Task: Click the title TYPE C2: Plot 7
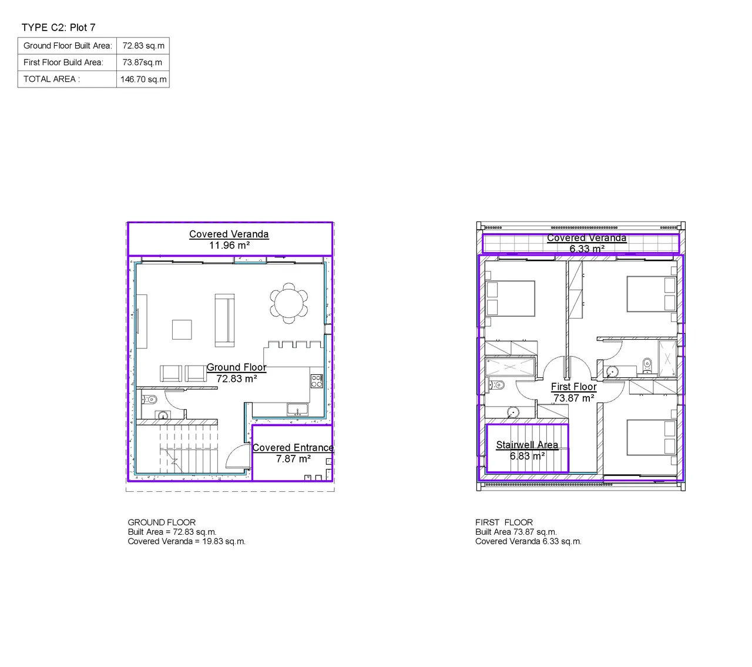coord(58,28)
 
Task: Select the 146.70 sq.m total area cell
coord(143,79)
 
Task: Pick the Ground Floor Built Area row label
coord(68,46)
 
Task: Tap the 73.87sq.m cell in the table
coord(142,62)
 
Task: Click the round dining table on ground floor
coord(288,303)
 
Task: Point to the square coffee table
coord(182,330)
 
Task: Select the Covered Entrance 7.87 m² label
coord(293,453)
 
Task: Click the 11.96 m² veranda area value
coord(229,245)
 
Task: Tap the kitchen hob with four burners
coord(316,381)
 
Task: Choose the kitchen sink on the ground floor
coord(297,409)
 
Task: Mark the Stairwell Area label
coord(527,444)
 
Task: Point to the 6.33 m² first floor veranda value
coord(587,249)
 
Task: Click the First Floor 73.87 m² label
coord(573,392)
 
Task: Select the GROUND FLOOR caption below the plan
coord(162,522)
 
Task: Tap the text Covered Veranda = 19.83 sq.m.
coord(186,541)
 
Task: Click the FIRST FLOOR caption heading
coord(503,522)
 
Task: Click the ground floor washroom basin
coord(163,415)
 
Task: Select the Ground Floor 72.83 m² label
coord(236,373)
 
